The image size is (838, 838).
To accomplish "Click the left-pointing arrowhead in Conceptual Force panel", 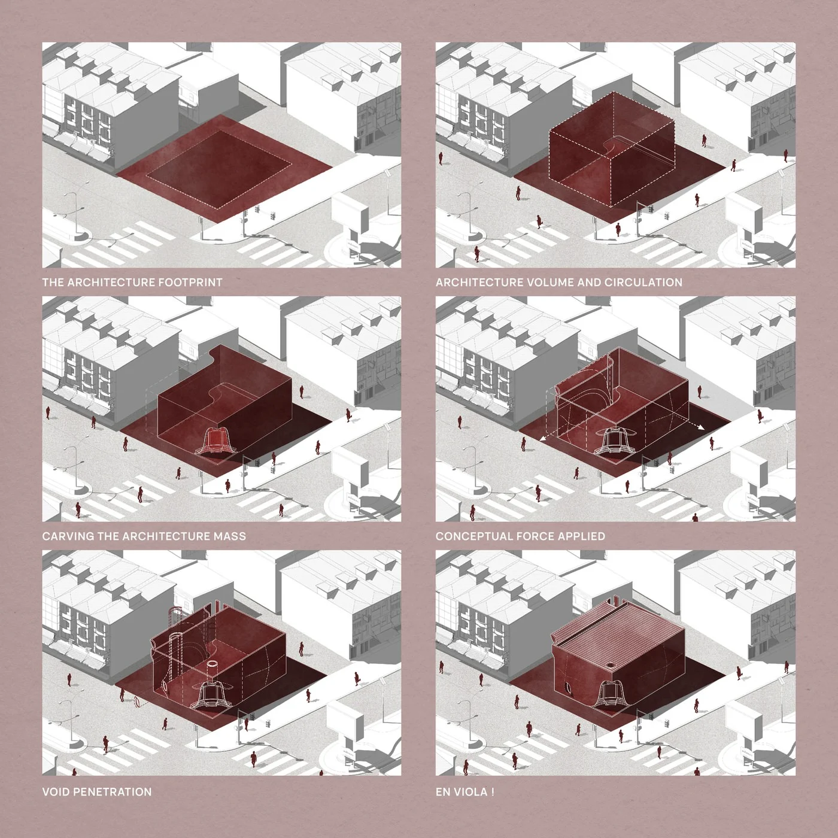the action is click(543, 440).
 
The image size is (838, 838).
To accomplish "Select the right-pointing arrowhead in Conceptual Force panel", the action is click(701, 428).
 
